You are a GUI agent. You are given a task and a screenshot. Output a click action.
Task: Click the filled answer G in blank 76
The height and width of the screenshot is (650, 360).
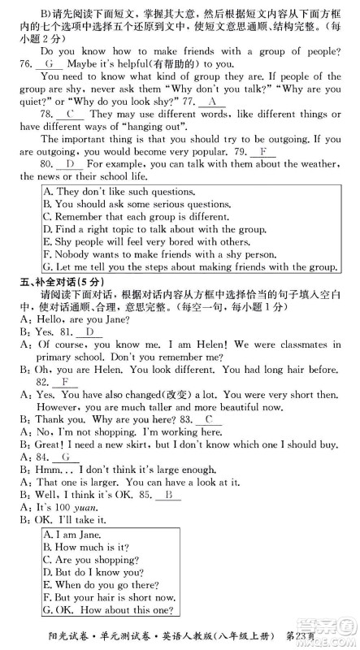coord(50,63)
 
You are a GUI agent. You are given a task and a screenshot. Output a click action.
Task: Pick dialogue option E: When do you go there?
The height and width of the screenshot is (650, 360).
coord(106,584)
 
